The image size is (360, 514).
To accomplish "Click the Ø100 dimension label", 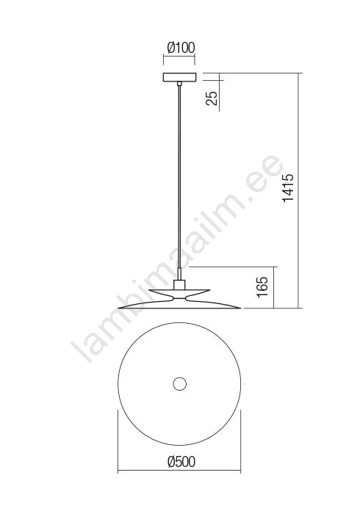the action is click(181, 48).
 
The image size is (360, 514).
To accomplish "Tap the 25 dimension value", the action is click(212, 98).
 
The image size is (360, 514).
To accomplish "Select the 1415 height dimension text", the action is click(289, 188).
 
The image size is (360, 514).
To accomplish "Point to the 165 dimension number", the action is click(263, 287).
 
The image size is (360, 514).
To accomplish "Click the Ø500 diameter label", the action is click(181, 462).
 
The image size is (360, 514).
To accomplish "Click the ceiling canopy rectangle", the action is click(179, 77).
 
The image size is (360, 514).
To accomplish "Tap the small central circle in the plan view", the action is click(179, 384).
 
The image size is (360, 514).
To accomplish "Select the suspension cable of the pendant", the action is click(179, 177).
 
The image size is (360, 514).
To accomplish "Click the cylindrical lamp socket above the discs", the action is click(179, 285).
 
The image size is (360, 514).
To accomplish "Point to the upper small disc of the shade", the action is click(179, 292).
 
